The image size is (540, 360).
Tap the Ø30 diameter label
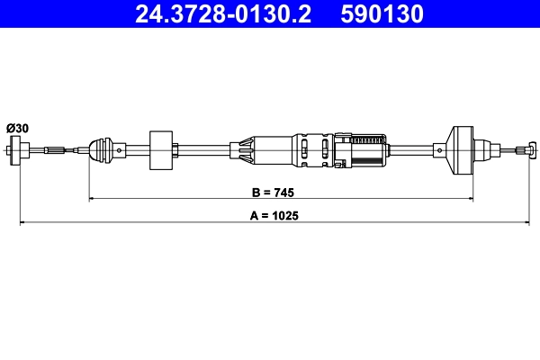click(x=17, y=129)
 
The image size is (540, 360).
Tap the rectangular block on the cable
click(x=162, y=148)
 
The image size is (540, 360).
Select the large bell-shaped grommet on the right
click(x=462, y=149)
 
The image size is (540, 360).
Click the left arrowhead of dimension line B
click(x=92, y=198)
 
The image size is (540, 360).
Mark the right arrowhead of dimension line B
click(x=469, y=198)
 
